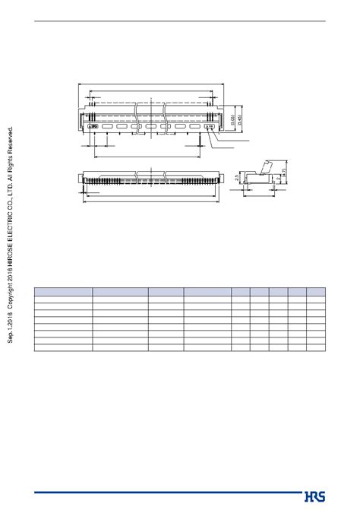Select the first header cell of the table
pos(63,290)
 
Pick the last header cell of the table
pos(316,290)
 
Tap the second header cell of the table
pos(119,290)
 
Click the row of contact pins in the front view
pos(152,180)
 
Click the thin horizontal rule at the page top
pos(180,21)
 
